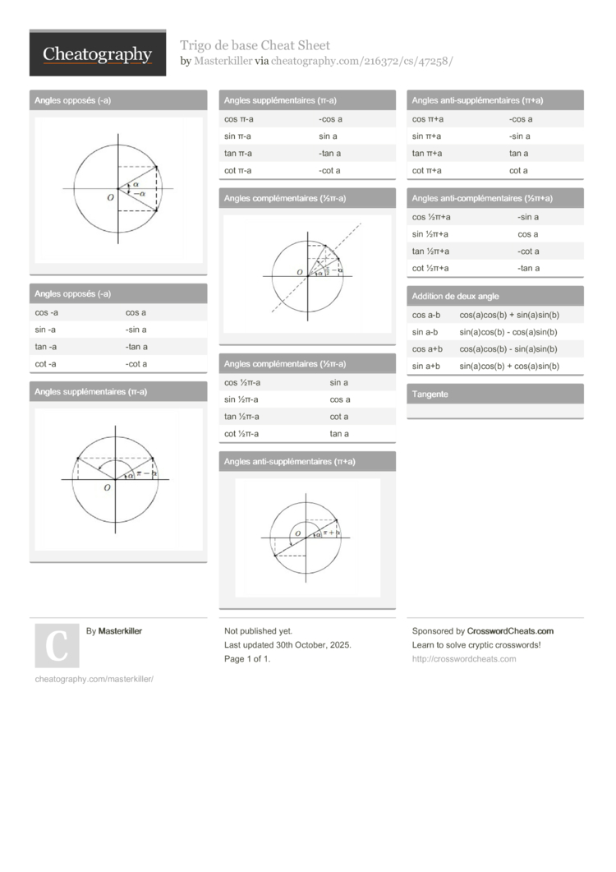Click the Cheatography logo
(x=97, y=54)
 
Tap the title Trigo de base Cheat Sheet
(x=255, y=45)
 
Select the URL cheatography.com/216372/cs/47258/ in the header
(x=362, y=61)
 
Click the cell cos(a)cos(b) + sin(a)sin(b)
(x=509, y=315)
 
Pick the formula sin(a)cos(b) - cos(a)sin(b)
(x=508, y=332)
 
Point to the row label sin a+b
(x=426, y=366)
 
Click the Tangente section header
(x=430, y=394)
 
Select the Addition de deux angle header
(x=455, y=296)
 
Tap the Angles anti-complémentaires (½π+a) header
(x=482, y=198)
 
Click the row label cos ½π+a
(x=430, y=217)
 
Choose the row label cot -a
(x=46, y=364)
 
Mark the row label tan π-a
(x=238, y=154)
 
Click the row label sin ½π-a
(x=241, y=399)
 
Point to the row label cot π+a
(x=427, y=171)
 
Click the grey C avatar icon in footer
(x=57, y=645)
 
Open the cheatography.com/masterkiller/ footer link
(x=94, y=679)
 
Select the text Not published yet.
(x=259, y=631)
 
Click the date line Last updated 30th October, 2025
(x=287, y=645)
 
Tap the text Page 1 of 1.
(x=247, y=659)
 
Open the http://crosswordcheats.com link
(x=464, y=659)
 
